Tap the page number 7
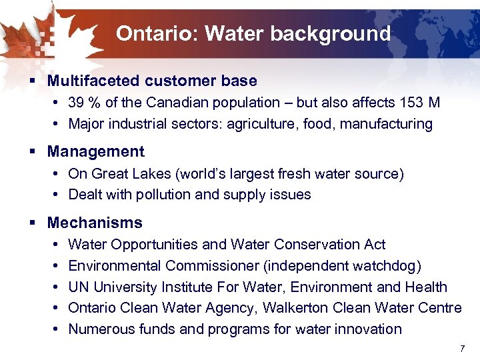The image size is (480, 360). [x=461, y=349]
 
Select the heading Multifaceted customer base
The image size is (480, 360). [x=152, y=81]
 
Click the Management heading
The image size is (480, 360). [x=95, y=151]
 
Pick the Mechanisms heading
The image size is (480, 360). [x=95, y=223]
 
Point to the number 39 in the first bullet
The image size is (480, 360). [x=77, y=103]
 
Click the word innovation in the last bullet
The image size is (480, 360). [x=370, y=329]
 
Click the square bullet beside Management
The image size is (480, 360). [x=33, y=152]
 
